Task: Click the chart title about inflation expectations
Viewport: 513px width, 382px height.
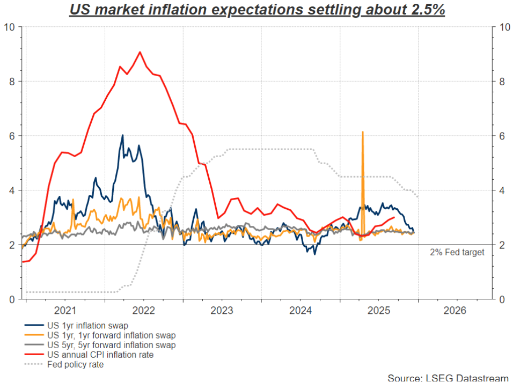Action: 256,10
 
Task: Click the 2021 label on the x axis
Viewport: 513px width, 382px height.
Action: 65,311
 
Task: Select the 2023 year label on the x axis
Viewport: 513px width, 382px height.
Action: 222,311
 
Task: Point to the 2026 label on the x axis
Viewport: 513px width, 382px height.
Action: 455,311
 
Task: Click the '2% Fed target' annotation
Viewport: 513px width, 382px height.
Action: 457,252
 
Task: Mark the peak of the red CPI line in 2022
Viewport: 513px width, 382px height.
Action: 140,52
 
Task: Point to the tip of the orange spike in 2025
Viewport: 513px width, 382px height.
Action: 363,131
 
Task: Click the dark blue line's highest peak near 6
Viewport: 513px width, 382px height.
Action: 123,135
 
